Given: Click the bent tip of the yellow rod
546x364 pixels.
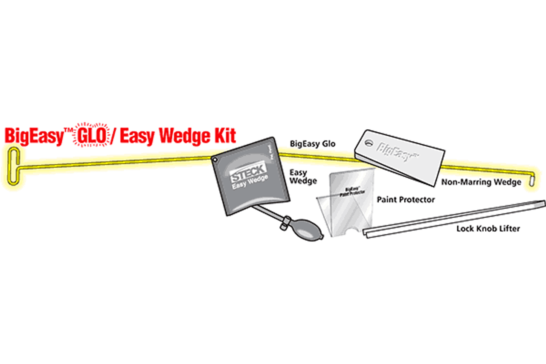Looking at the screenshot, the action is (x=531, y=181).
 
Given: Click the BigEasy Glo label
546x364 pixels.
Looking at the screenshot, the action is (x=312, y=144).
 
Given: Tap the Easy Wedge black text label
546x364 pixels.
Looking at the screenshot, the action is (x=303, y=177).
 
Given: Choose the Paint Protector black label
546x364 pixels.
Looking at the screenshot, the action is (x=405, y=199).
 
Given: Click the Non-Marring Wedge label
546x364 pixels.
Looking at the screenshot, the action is (x=481, y=182).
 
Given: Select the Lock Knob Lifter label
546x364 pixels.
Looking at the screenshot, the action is (x=488, y=229).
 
